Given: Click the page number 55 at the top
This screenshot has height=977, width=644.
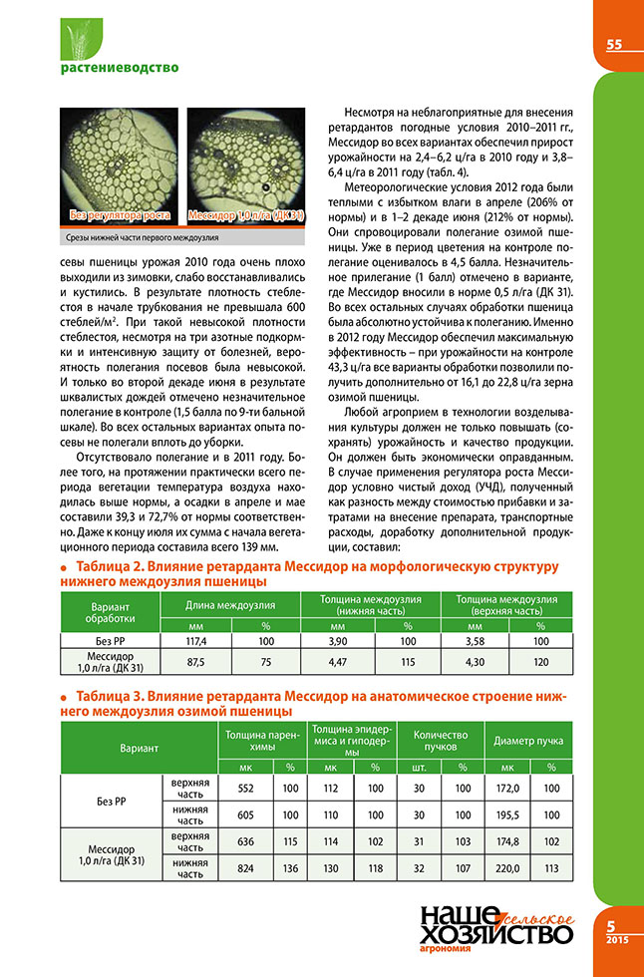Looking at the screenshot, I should coord(613,44).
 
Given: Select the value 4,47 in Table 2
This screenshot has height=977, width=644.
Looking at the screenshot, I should coord(338,661).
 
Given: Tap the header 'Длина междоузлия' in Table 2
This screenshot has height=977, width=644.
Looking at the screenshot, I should coord(230,606).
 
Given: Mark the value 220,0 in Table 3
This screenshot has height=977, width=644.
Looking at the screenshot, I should coord(507,868).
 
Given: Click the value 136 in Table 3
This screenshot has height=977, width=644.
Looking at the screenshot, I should coord(291,868).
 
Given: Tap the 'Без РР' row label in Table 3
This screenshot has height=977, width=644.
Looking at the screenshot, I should coord(104,801).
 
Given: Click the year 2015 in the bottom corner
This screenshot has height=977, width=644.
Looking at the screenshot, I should coord(614,940).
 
